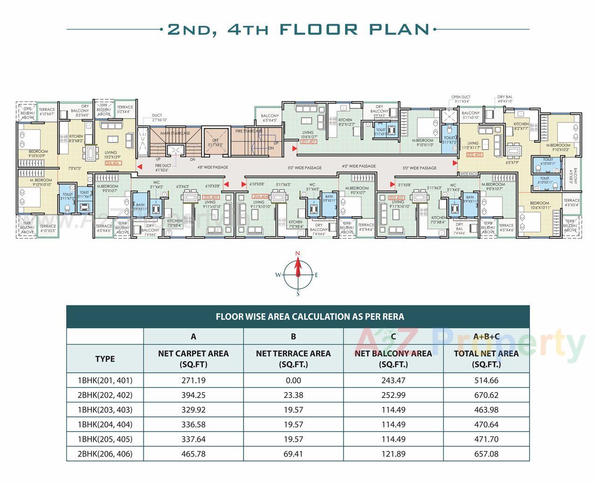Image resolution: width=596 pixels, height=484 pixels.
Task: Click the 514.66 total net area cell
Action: (486, 380)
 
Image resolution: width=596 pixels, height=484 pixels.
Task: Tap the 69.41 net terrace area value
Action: (293, 454)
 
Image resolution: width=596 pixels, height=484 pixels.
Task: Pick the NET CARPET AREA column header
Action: (193, 359)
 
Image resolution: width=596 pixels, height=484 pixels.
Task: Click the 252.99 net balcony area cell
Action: (393, 395)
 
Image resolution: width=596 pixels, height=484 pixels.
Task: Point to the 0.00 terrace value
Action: (293, 380)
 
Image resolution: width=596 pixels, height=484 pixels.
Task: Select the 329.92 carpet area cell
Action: (193, 410)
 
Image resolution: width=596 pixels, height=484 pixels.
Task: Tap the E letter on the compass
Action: (317, 275)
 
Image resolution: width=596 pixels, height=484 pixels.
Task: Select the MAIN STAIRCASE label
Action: (175, 134)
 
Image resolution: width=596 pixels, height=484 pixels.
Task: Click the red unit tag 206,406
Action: (113, 164)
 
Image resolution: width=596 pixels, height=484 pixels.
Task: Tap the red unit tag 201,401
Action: (309, 142)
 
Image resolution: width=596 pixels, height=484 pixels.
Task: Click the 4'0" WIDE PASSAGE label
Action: (359, 166)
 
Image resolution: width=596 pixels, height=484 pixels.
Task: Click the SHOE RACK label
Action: (468, 174)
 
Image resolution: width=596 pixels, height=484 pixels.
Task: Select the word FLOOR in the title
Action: (319, 29)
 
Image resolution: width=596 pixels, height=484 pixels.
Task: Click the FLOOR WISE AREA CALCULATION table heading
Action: (310, 317)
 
